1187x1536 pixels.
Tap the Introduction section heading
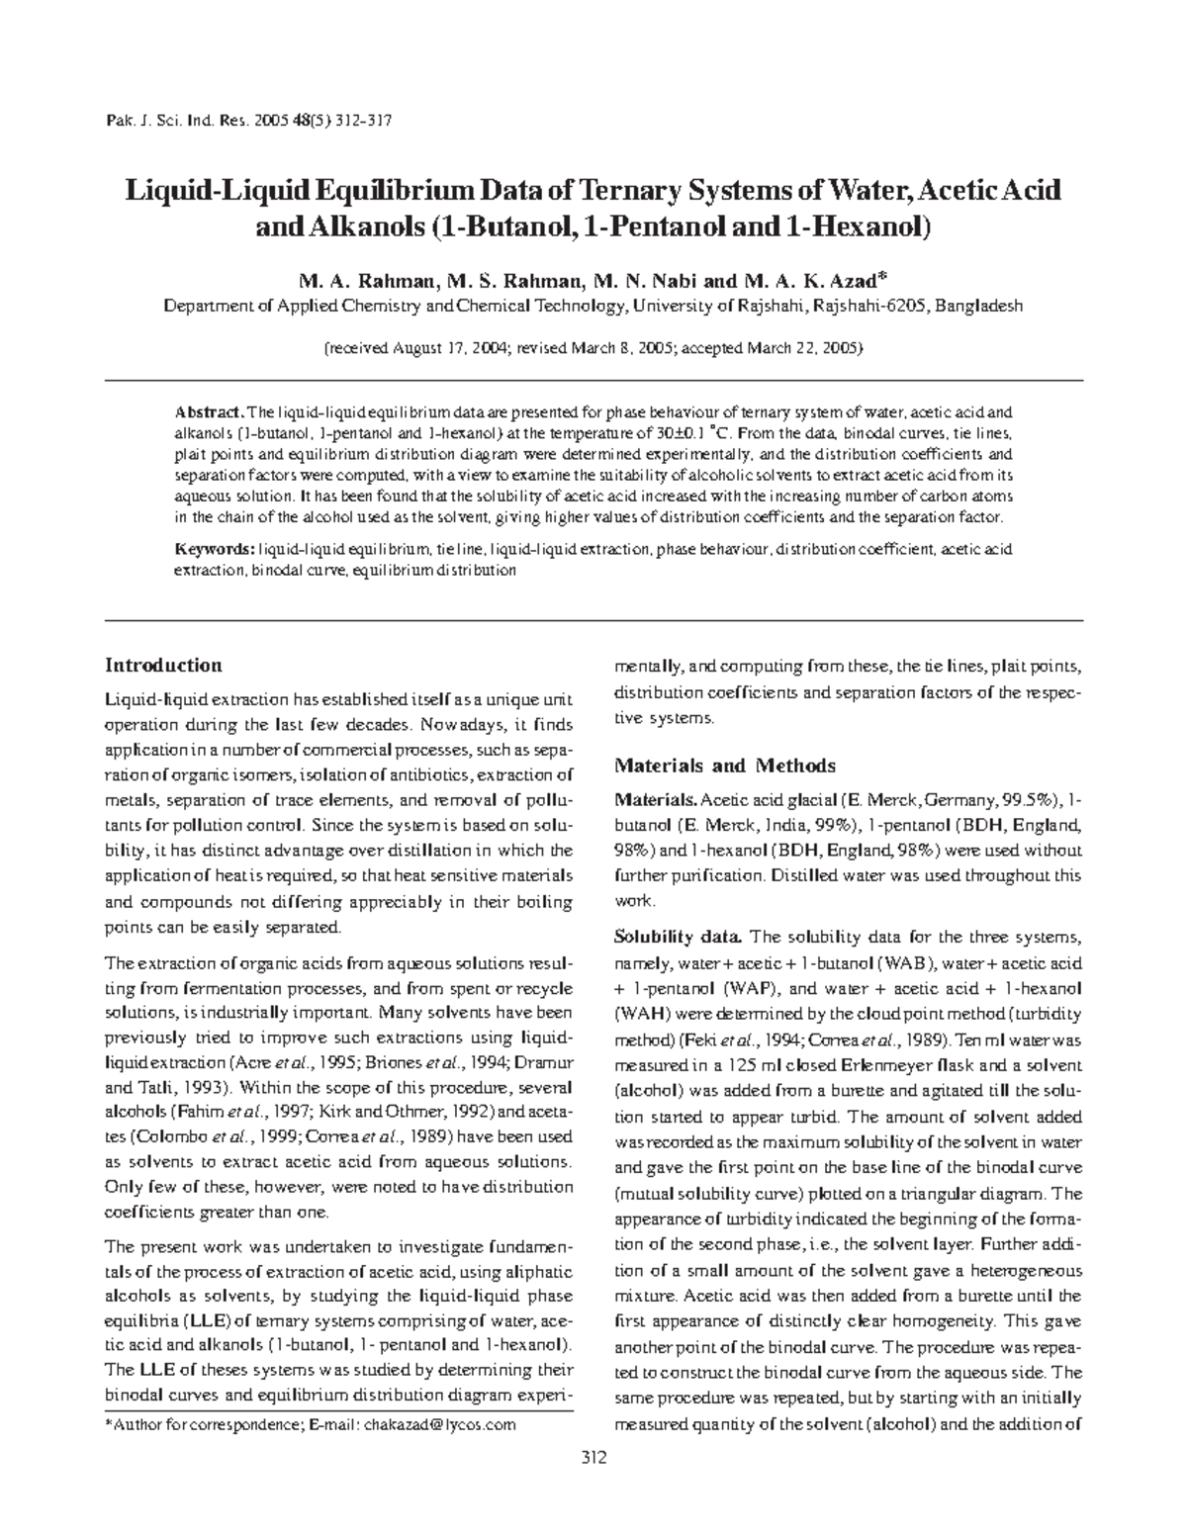point(163,666)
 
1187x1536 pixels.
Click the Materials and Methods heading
point(725,766)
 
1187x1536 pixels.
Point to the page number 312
point(593,1458)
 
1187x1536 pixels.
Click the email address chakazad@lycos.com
point(440,1425)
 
